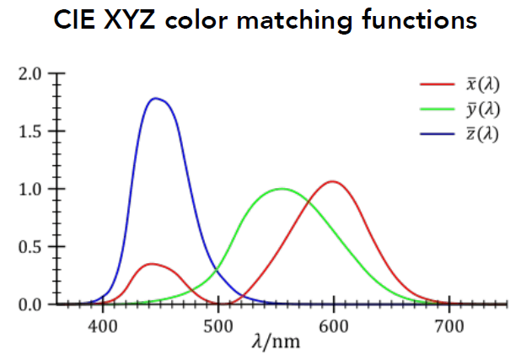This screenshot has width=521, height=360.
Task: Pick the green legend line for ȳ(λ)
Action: (438, 109)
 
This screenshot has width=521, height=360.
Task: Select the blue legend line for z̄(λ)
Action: (438, 133)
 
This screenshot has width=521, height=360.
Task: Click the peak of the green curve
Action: (282, 188)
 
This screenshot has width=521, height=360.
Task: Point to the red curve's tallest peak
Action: (334, 181)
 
